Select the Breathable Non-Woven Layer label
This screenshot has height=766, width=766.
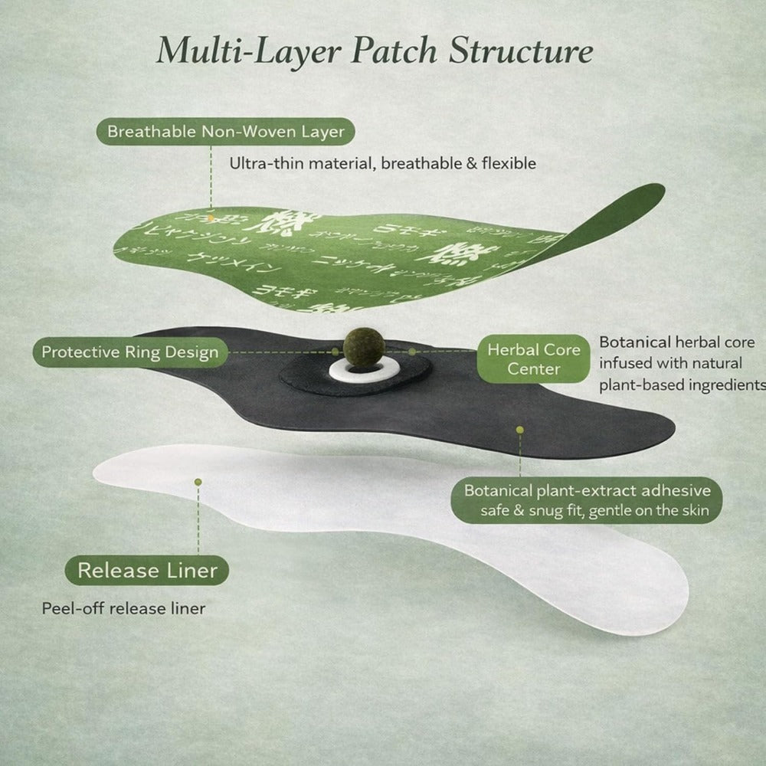coord(226,131)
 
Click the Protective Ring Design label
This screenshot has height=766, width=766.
coord(129,352)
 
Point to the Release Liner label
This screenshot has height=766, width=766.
coord(148,570)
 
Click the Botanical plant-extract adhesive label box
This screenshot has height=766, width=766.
coord(587,500)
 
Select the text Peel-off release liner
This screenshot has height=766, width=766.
coord(123,609)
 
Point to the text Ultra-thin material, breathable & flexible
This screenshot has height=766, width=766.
coord(383,163)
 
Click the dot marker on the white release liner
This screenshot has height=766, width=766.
coord(198,482)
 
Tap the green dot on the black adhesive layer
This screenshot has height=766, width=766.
coord(520,430)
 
